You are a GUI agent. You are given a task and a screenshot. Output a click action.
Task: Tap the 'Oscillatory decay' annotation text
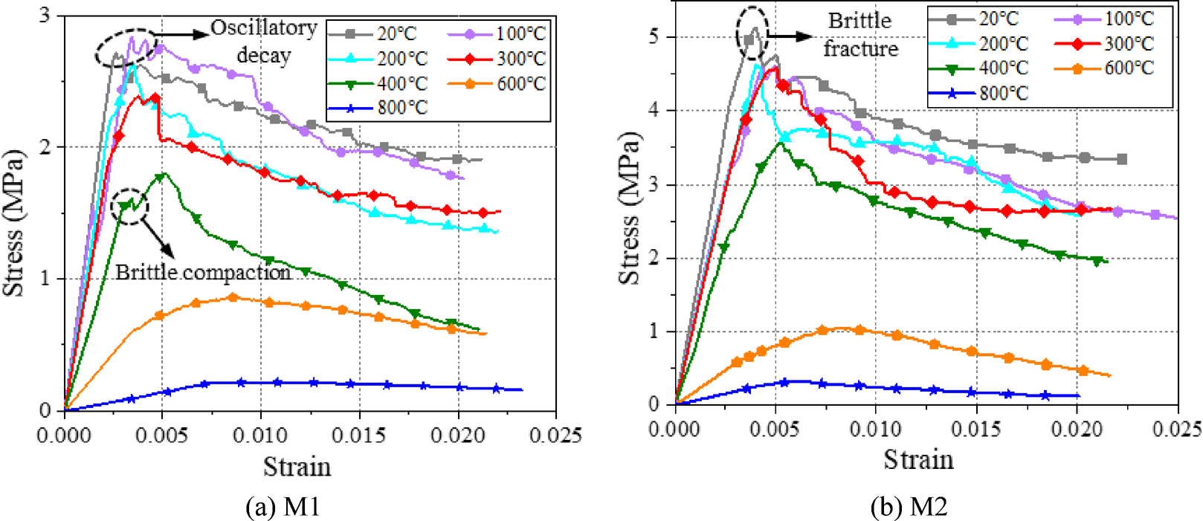(264, 41)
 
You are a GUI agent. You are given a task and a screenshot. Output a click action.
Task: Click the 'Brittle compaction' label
(203, 272)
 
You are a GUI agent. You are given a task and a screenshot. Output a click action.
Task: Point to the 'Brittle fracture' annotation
(860, 34)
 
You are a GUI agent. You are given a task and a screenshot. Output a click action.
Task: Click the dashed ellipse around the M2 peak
(752, 33)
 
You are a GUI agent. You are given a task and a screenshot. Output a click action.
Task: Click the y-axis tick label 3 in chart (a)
(45, 15)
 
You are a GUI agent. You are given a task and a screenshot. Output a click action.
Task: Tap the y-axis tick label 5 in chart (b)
(654, 36)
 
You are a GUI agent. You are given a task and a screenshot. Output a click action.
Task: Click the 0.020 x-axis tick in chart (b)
(1077, 429)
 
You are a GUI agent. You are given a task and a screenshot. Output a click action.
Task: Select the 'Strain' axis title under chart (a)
(297, 467)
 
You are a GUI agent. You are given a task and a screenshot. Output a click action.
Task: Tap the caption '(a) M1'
(282, 507)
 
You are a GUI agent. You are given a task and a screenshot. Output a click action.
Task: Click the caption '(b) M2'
(909, 507)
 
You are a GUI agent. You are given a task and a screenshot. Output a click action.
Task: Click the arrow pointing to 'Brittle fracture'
(790, 36)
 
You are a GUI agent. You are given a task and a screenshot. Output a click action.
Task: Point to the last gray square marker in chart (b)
(1122, 159)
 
